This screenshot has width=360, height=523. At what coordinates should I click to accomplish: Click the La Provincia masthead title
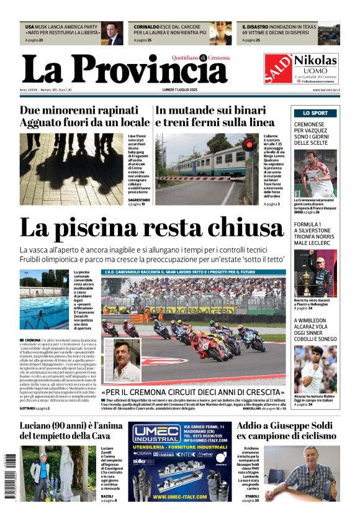pyautogui.click(x=124, y=69)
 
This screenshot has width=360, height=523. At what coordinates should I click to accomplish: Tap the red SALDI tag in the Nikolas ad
pyautogui.click(x=277, y=68)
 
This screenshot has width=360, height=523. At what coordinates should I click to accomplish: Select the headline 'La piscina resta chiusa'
pyautogui.click(x=151, y=227)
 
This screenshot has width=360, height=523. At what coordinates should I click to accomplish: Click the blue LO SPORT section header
pyautogui.click(x=315, y=113)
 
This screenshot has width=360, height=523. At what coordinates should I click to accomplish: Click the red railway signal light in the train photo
pyautogui.click(x=249, y=145)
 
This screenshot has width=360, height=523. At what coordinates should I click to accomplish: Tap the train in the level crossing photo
pyautogui.click(x=211, y=162)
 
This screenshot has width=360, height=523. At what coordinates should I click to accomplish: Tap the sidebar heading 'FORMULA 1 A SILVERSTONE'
pyautogui.click(x=317, y=229)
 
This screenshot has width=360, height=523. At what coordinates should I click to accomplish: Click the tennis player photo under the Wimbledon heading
pyautogui.click(x=315, y=368)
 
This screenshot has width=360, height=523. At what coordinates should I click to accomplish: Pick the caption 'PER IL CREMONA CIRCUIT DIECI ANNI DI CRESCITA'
pyautogui.click(x=193, y=393)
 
